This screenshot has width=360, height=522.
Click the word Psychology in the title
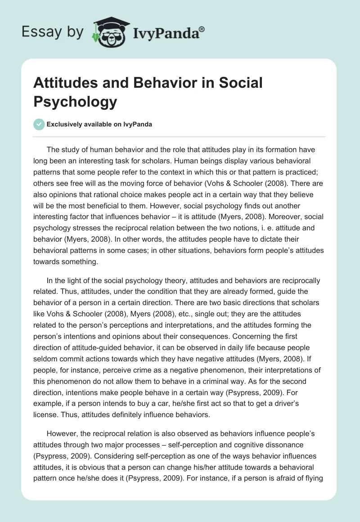(75, 102)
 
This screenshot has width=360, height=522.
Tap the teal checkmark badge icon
(39, 124)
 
